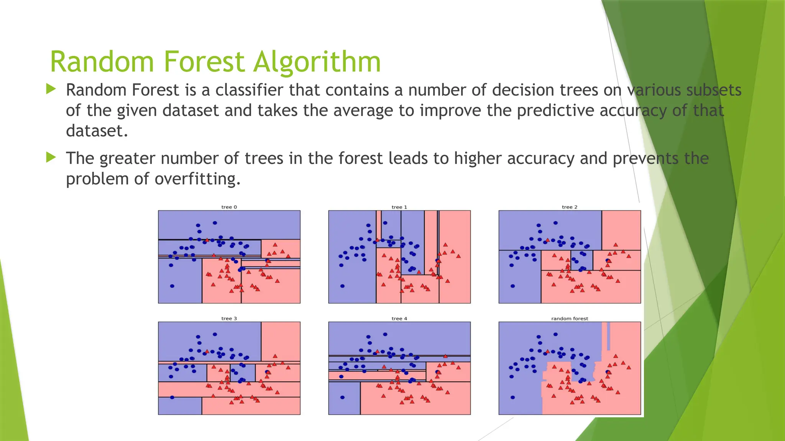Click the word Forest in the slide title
tap(204, 62)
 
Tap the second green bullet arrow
tap(51, 157)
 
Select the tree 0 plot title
tap(229, 207)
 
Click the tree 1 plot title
tap(399, 207)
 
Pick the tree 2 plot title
tap(570, 207)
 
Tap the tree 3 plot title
tap(229, 318)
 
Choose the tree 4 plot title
tap(399, 318)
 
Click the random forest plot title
tap(570, 318)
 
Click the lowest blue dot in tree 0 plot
tap(172, 286)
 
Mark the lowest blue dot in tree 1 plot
tap(342, 286)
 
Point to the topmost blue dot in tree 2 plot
tap(555, 223)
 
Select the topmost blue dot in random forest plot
tap(555, 334)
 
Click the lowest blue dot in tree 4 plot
tap(342, 397)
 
